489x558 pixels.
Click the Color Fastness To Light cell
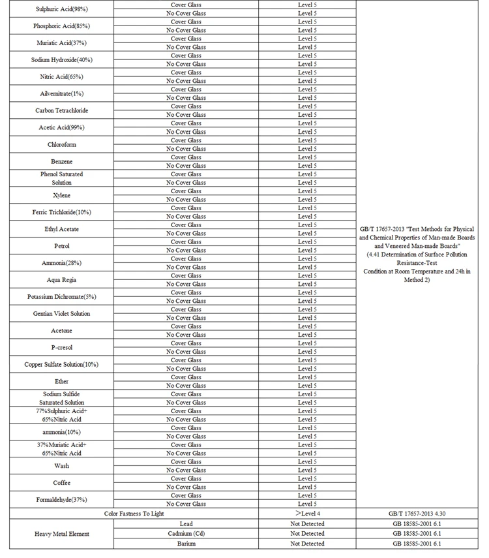tap(134, 514)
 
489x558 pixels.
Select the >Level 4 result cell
tap(307, 514)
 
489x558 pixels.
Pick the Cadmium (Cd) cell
tap(186, 533)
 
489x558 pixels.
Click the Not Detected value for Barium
tap(307, 543)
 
